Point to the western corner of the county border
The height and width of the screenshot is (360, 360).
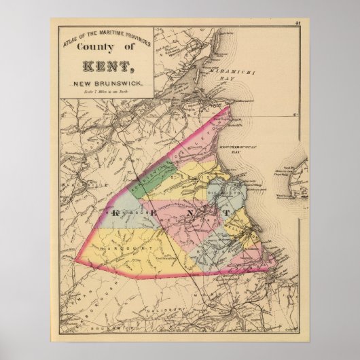tap(75, 259)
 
